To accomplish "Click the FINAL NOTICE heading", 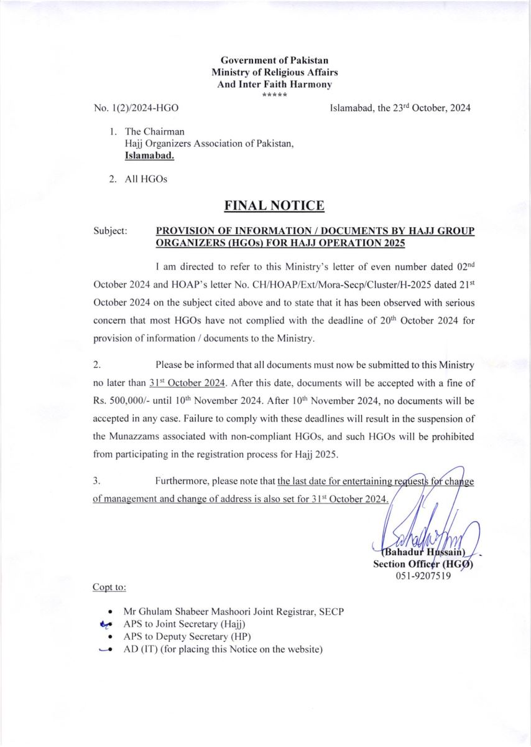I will coord(274,206).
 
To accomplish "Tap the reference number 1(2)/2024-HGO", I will coord(136,108).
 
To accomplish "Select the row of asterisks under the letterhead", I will coord(274,96).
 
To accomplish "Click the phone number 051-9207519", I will coord(423,576).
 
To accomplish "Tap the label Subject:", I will coord(111,230).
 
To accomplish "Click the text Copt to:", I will coord(109,587).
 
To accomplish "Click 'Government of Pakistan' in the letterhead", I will coord(274,60).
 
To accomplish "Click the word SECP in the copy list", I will coord(331,611).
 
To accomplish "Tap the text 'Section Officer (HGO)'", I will coord(423,564).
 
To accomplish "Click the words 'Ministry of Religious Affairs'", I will coord(274,72).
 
